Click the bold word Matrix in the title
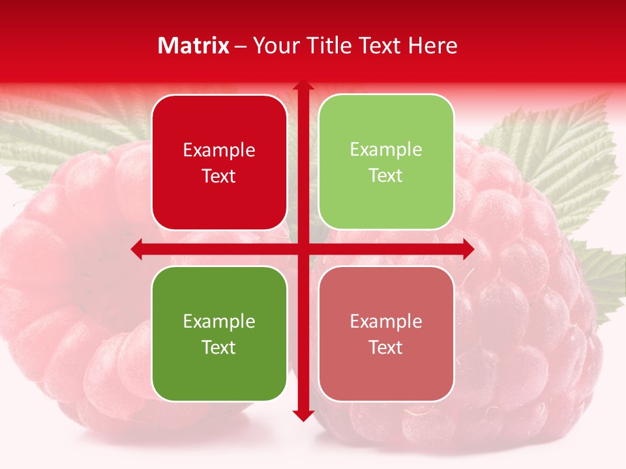click(x=194, y=46)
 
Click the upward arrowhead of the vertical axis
click(x=303, y=85)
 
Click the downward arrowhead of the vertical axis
click(x=303, y=415)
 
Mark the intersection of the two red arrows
click(x=303, y=249)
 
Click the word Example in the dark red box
click(x=219, y=150)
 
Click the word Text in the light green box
click(x=386, y=176)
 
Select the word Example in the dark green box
click(x=219, y=322)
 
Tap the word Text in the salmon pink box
click(x=386, y=348)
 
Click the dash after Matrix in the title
click(x=241, y=46)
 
